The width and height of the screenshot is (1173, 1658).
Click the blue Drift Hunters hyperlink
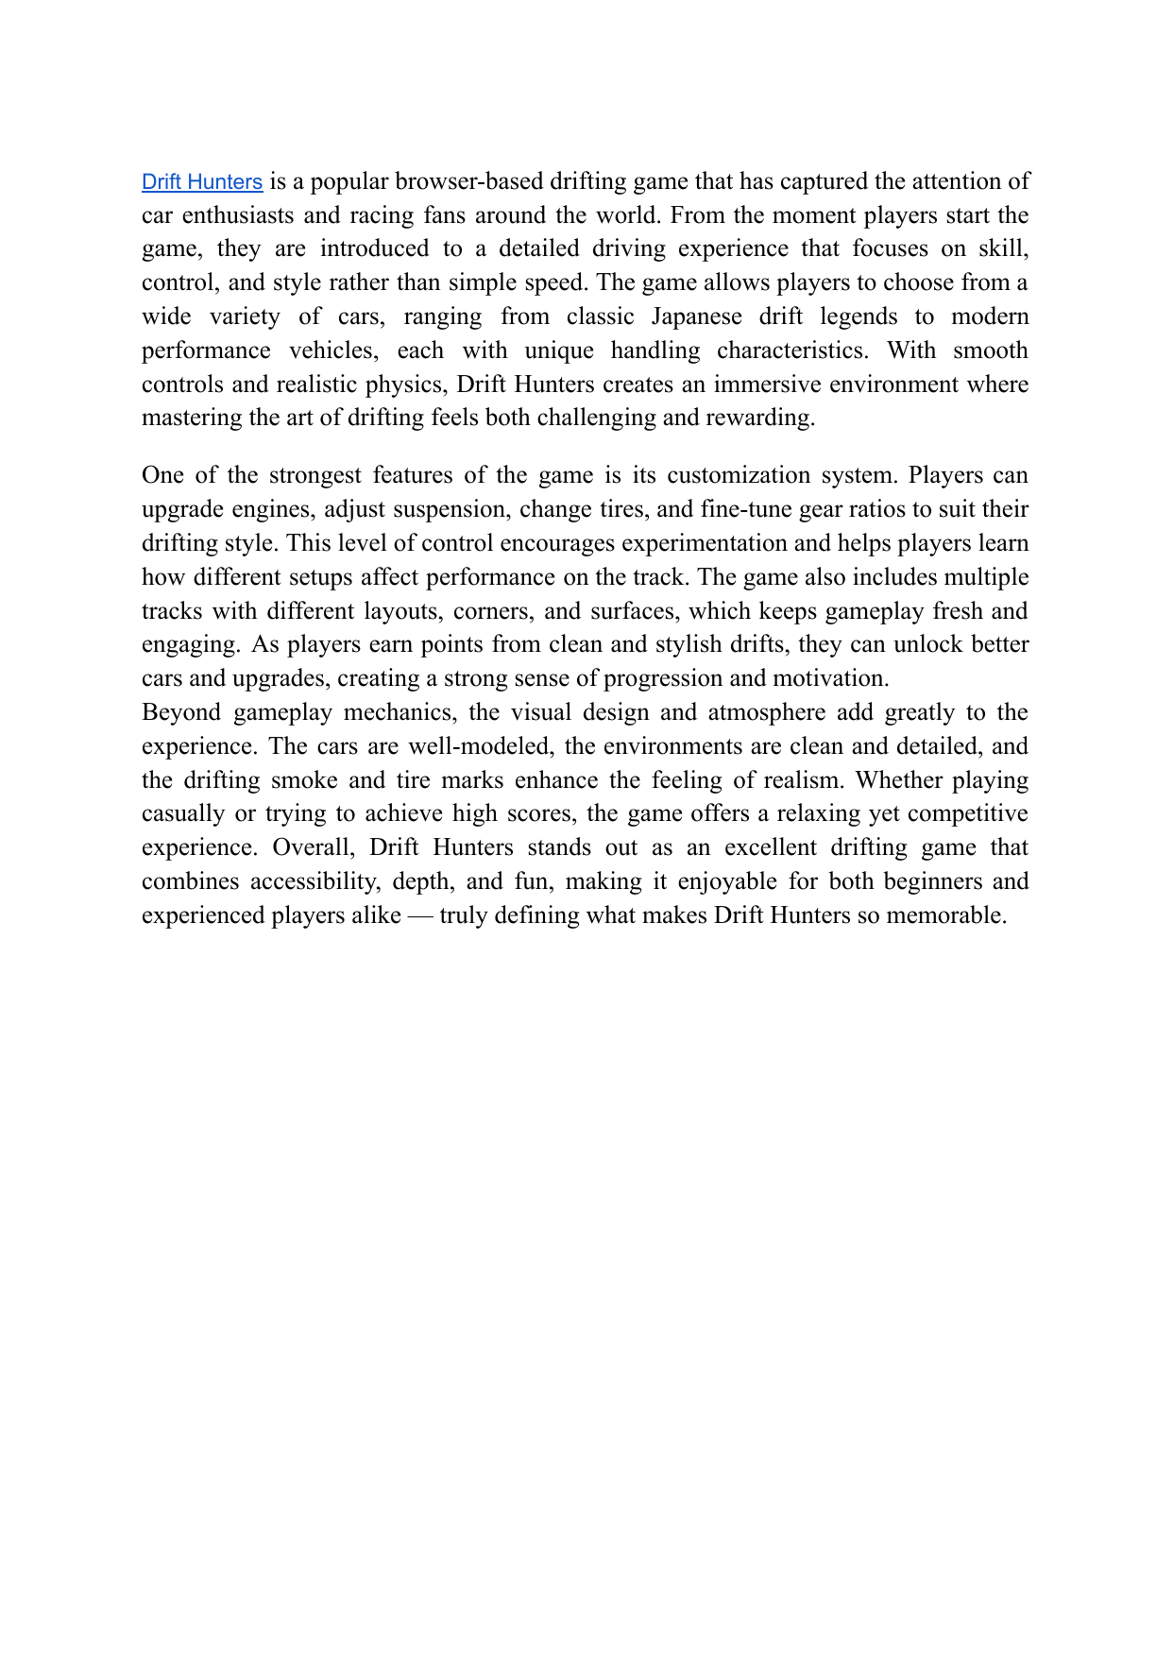pos(202,181)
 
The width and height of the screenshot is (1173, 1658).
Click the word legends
pos(858,316)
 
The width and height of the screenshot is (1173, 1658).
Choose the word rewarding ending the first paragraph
pos(759,419)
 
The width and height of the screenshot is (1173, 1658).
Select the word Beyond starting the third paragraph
pos(179,712)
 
